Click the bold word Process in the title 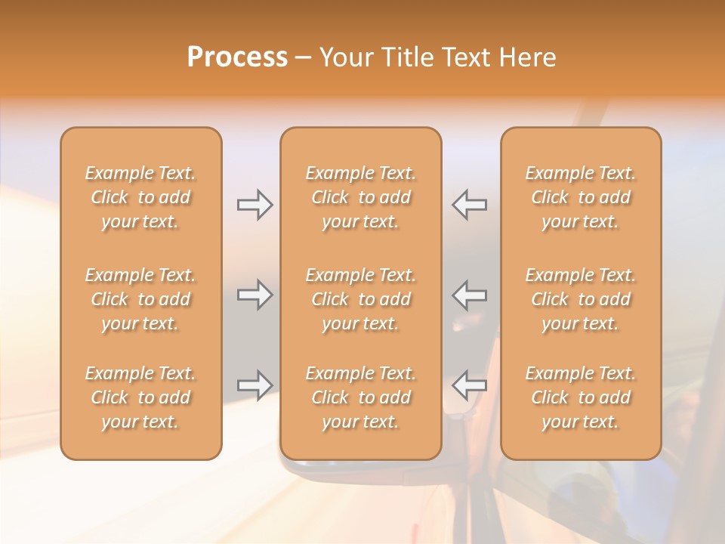[x=237, y=57]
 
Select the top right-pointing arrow [x=255, y=205]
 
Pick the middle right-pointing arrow [x=255, y=295]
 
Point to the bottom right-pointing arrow [x=255, y=385]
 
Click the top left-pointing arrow [x=469, y=205]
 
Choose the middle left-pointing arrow [x=469, y=295]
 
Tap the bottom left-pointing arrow [x=469, y=385]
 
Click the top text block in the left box [x=140, y=197]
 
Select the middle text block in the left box [x=140, y=299]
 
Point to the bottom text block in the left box [x=140, y=397]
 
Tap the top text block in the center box [x=360, y=197]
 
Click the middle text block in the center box [x=360, y=299]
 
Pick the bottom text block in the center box [x=360, y=397]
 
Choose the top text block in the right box [x=580, y=197]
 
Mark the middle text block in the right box [x=580, y=299]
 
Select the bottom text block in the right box [x=580, y=397]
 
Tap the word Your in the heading [x=344, y=57]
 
